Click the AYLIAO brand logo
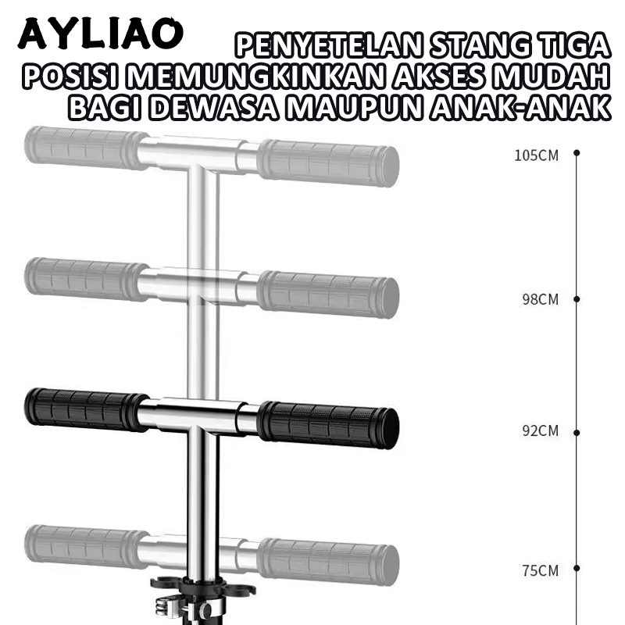[101, 34]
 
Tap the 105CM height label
[536, 155]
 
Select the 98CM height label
[540, 299]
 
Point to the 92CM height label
[540, 431]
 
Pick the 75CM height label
[540, 570]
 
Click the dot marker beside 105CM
[577, 152]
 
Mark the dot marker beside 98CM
[577, 299]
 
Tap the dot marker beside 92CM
[577, 433]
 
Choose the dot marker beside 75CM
[577, 568]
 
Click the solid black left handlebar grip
[86, 409]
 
